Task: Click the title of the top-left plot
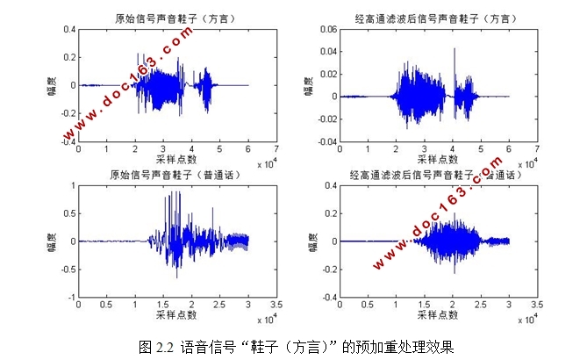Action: (176, 18)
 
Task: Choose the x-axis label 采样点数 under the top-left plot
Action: (175, 159)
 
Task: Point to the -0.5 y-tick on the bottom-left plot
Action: (68, 270)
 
